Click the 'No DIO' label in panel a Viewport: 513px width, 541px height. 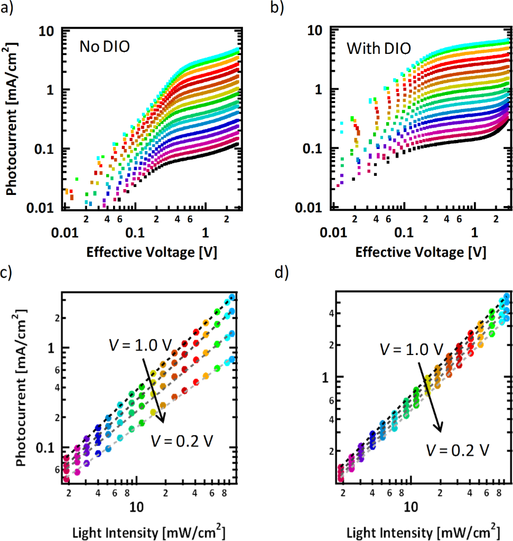click(x=105, y=47)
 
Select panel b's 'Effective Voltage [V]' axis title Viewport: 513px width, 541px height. click(x=421, y=253)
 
